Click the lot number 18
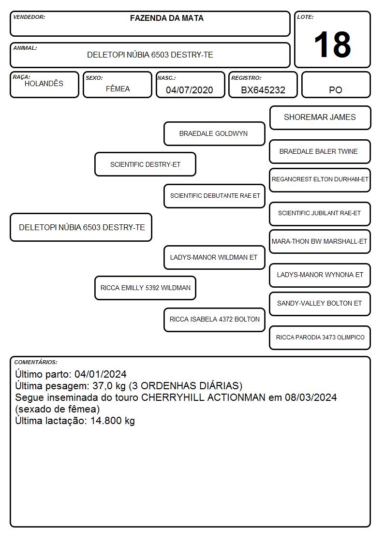click(x=332, y=44)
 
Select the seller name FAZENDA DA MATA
click(x=166, y=18)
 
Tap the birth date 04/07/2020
click(x=190, y=90)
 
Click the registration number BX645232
click(x=263, y=90)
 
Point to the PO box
click(x=336, y=85)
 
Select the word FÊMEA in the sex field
click(x=118, y=88)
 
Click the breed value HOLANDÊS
click(x=44, y=84)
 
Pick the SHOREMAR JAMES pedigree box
click(x=320, y=118)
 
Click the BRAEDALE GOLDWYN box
click(x=214, y=133)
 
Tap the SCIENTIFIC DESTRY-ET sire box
click(x=146, y=164)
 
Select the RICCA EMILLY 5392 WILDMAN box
click(x=146, y=288)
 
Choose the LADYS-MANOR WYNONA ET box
click(x=320, y=275)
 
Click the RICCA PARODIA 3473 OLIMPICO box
click(x=320, y=338)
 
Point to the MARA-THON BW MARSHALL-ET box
click(x=320, y=242)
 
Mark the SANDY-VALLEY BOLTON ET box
click(x=320, y=304)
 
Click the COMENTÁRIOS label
click(x=36, y=362)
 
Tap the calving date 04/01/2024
click(x=101, y=374)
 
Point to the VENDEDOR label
click(x=29, y=17)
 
